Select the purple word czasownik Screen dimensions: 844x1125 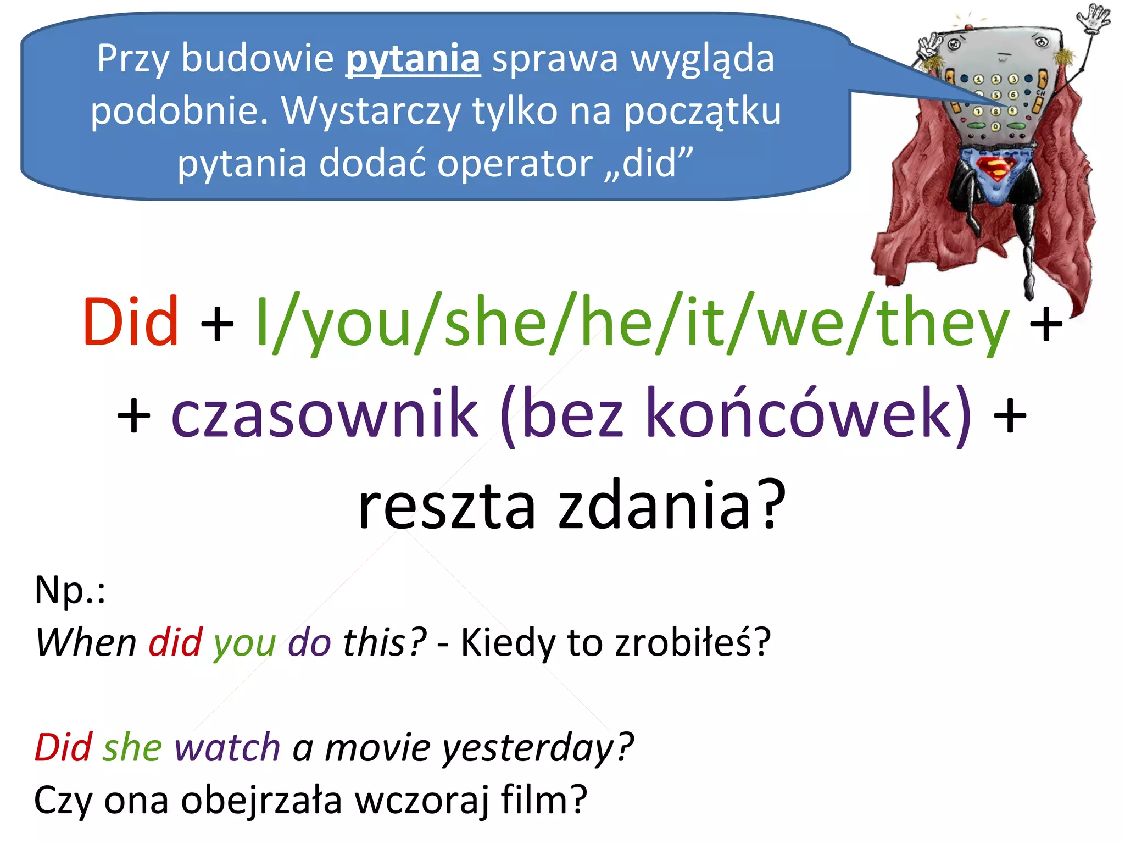tap(325, 413)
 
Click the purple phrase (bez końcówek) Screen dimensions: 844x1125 tap(736, 413)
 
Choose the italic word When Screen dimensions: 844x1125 tap(86, 642)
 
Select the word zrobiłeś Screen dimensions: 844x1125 tap(693, 642)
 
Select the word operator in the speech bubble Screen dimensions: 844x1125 tap(515, 164)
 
